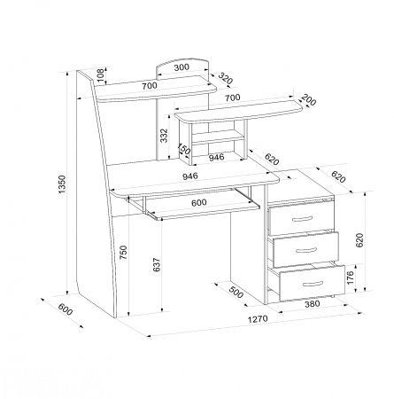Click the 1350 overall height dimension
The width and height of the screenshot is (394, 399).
pos(62,184)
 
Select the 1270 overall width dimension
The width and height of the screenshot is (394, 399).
pos(258,319)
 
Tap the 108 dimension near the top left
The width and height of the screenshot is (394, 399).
pos(101,75)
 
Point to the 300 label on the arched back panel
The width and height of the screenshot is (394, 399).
pos(182,67)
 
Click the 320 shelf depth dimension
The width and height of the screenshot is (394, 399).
pos(226,78)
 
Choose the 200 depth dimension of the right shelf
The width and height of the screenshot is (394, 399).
pos(309,100)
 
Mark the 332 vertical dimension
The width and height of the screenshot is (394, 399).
pos(164,136)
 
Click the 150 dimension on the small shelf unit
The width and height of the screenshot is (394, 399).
pos(183,149)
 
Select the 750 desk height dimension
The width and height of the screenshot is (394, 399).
pos(124,253)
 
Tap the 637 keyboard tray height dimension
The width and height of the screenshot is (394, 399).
pos(157,265)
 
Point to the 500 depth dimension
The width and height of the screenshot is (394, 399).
pos(236,293)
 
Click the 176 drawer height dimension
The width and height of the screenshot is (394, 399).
pos(350,278)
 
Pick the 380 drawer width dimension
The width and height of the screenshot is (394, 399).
pos(312,303)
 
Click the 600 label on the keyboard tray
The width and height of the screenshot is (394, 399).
pos(199,203)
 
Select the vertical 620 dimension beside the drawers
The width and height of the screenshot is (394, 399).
pos(359,240)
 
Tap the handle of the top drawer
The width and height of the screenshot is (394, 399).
pos(302,219)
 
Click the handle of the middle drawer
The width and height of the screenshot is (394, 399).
pos(306,251)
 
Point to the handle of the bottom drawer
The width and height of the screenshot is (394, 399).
pos(313,284)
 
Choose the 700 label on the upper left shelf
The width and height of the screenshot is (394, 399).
pos(150,86)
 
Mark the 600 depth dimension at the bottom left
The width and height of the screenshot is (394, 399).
pos(65,309)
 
